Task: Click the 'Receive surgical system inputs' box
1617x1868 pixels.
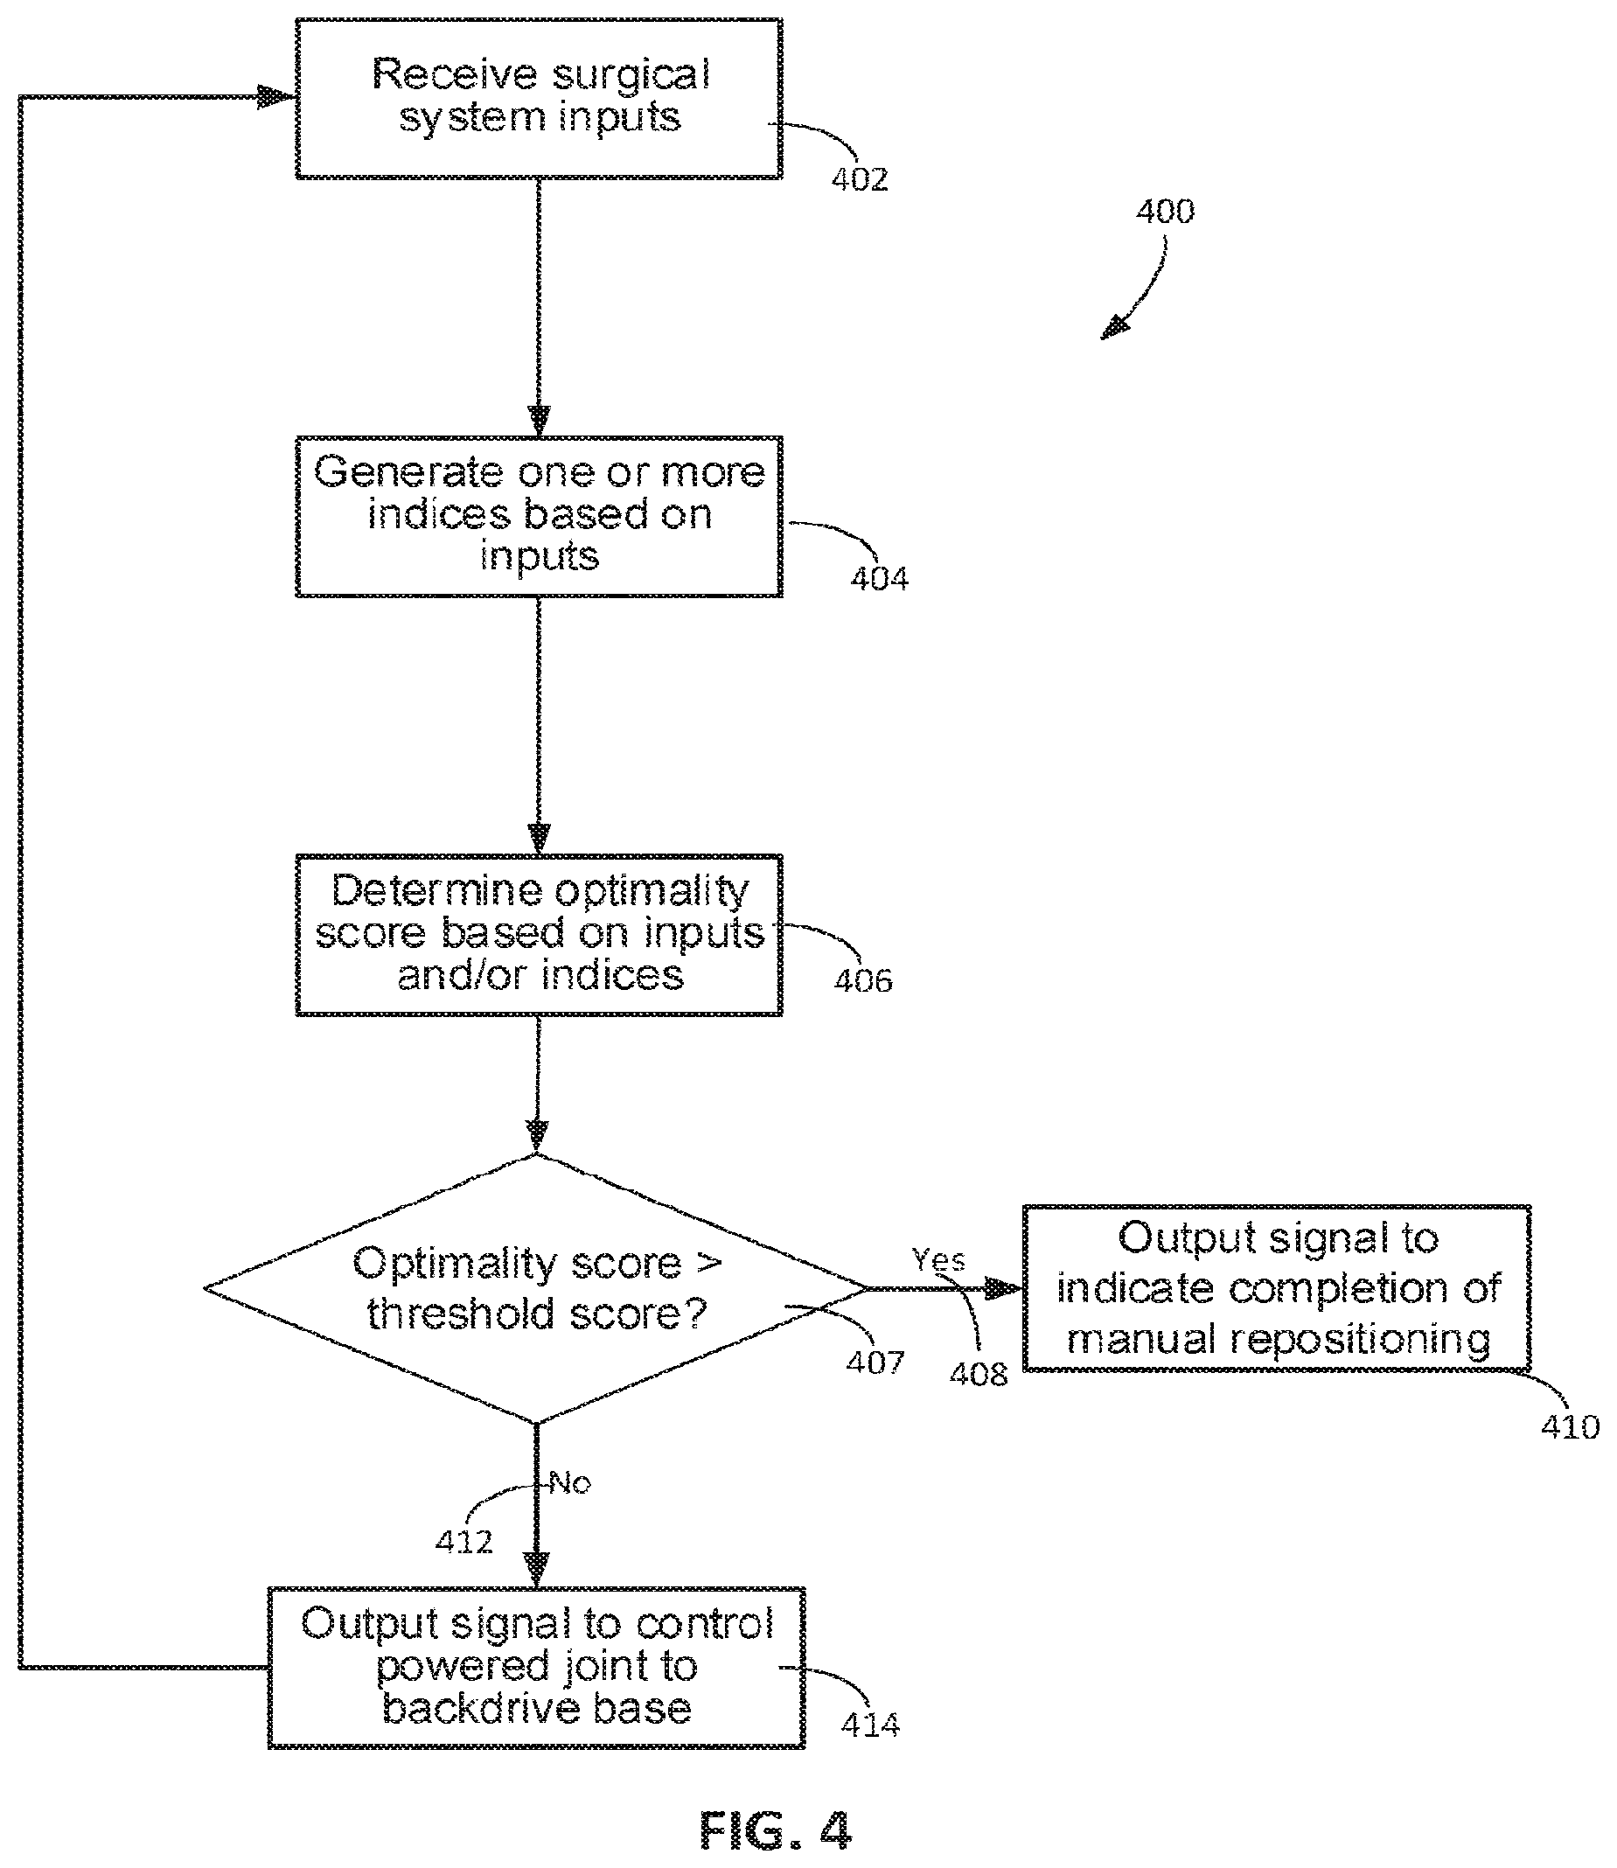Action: click(x=539, y=98)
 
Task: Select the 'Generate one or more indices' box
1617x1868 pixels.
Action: click(x=539, y=516)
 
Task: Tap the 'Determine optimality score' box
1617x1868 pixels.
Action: click(x=539, y=935)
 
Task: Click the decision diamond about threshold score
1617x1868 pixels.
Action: click(x=537, y=1289)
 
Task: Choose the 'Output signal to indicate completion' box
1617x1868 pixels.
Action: click(x=1277, y=1287)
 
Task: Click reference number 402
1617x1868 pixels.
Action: click(x=860, y=179)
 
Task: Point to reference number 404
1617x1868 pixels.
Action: click(x=880, y=578)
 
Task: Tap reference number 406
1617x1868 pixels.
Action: click(x=863, y=981)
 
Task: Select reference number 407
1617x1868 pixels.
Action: click(x=875, y=1362)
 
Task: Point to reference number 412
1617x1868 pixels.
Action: click(x=464, y=1541)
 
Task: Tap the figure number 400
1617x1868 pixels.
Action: click(x=1165, y=211)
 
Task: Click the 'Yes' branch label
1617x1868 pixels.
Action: click(x=938, y=1260)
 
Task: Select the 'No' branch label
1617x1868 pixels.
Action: click(x=570, y=1482)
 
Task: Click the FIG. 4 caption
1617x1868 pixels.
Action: click(x=776, y=1831)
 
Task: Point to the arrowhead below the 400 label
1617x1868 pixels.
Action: click(x=1115, y=327)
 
